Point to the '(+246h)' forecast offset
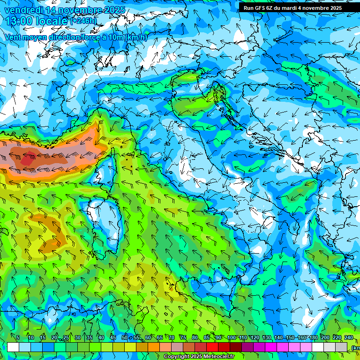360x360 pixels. (83, 21)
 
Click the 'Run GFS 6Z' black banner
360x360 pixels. (292, 7)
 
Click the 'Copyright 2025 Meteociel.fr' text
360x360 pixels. (199, 357)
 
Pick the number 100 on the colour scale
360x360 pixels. (231, 338)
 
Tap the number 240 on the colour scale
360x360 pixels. (349, 338)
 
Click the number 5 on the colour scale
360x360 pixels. (18, 338)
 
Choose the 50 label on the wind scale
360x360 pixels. (124, 338)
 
